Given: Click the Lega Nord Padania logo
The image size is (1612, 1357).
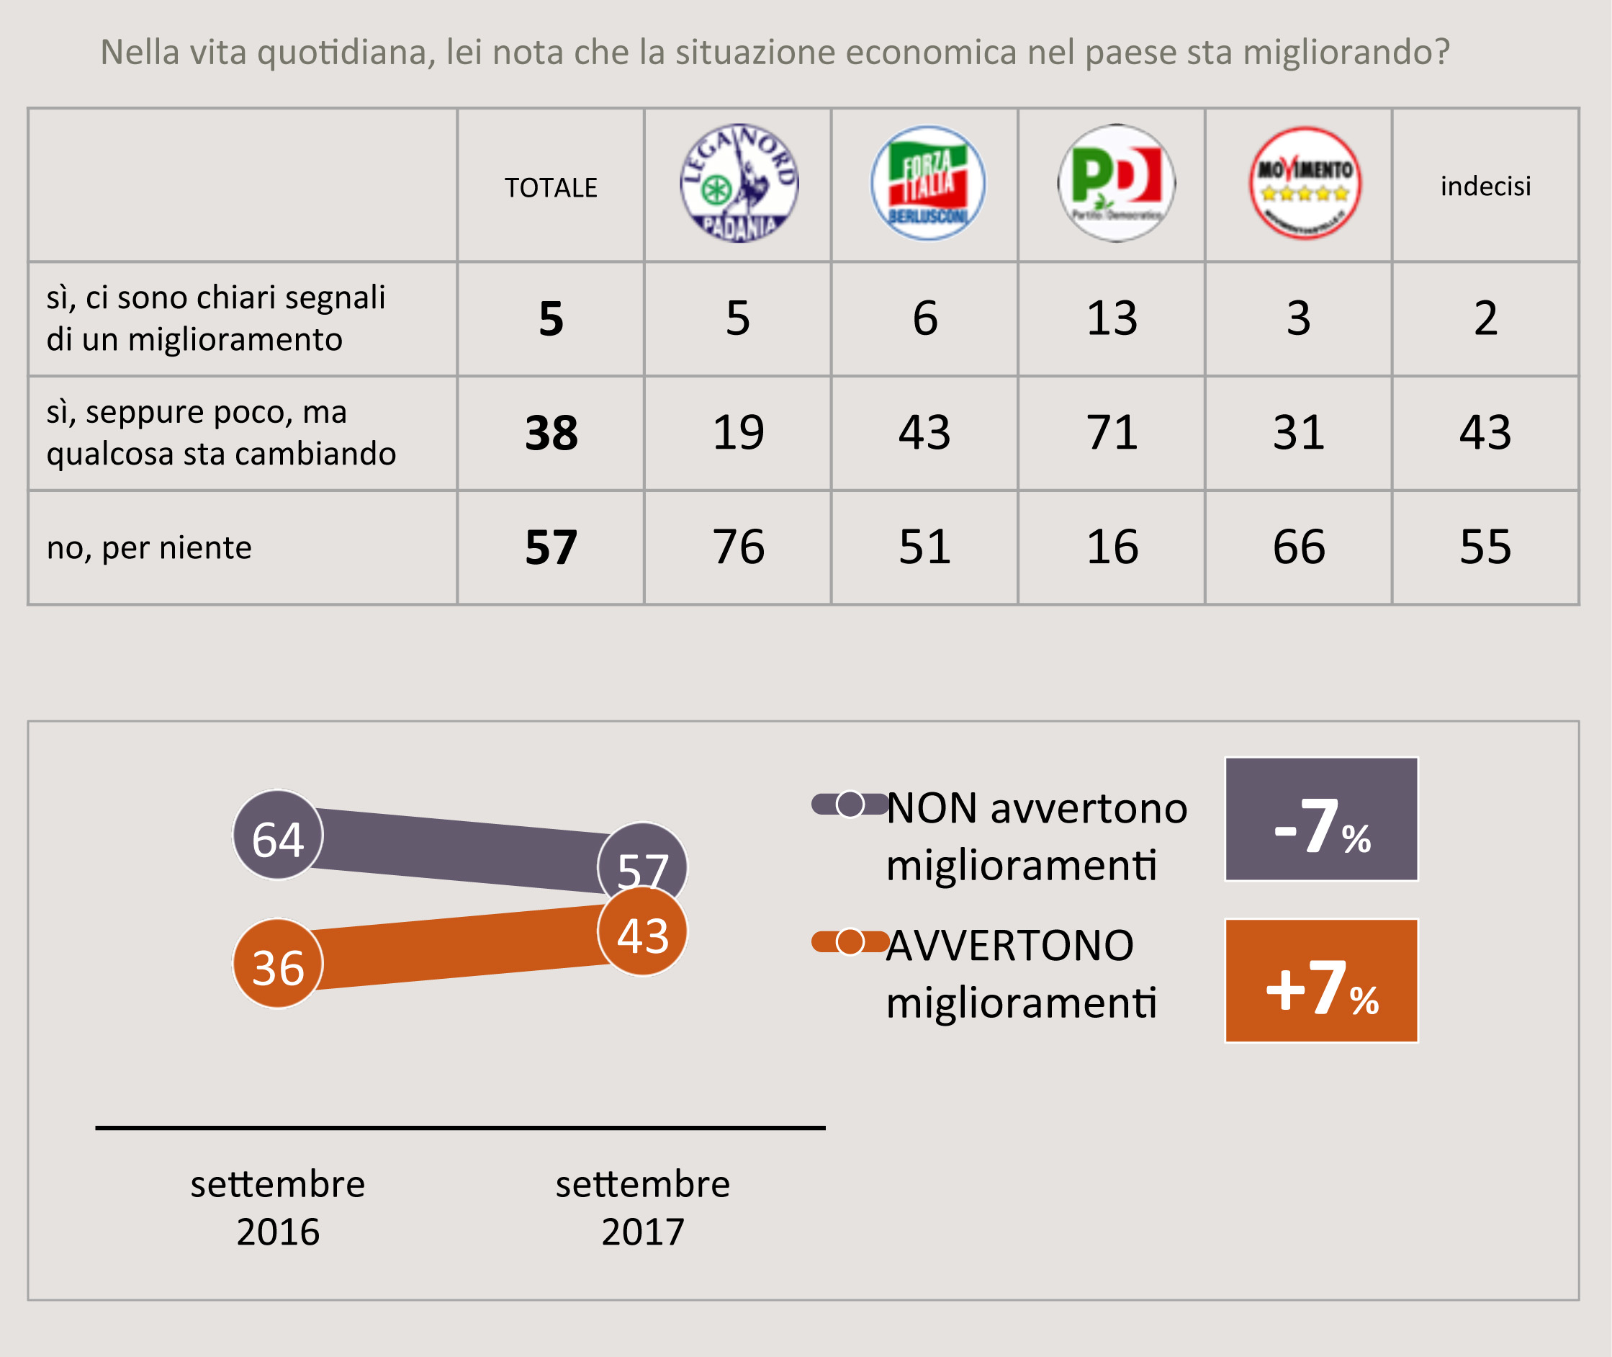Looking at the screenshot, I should coord(739,183).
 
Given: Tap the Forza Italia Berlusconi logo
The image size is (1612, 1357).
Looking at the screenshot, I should coord(927,183).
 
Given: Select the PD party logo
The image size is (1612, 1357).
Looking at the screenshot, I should coord(1116,183).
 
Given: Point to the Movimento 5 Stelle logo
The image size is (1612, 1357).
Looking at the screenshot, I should coord(1305,183).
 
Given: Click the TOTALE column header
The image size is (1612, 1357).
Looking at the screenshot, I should coord(551,188).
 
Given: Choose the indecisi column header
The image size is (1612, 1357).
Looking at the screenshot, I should coord(1485,186).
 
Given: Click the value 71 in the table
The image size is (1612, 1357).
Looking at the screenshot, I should coord(1112,432).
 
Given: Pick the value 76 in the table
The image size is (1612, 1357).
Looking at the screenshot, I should coord(738,547).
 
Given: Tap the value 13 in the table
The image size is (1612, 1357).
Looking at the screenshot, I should coord(1112,318).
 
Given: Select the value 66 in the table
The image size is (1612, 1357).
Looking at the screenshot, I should coord(1299,547).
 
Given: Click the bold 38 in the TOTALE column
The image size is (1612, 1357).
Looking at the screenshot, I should coord(551,433).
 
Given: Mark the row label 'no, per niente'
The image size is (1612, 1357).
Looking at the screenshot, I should coord(149,547).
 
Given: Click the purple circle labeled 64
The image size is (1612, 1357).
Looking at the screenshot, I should coord(278,836).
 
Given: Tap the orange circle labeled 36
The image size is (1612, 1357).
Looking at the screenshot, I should coord(278,964).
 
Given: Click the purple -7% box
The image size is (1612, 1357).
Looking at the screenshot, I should coord(1321,819).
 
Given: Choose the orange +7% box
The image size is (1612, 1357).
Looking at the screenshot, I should coord(1321,981).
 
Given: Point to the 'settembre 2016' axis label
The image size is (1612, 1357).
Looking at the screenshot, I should coord(278,1207).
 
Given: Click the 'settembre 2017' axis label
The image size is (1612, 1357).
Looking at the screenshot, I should coord(642,1207).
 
